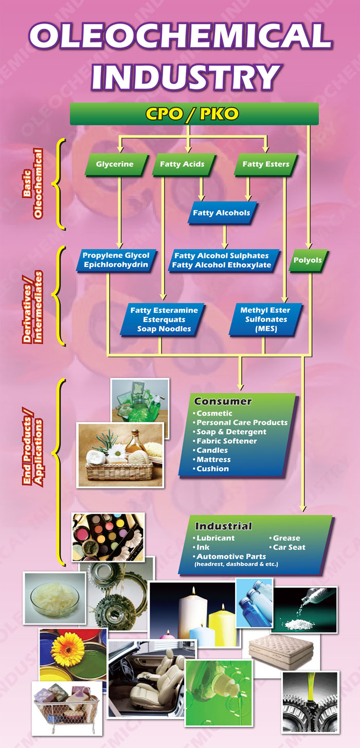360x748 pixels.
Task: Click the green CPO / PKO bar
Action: [x=194, y=114]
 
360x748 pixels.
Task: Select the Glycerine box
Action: [x=115, y=164]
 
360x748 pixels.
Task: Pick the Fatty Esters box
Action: [x=265, y=164]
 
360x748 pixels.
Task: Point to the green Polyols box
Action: [x=308, y=260]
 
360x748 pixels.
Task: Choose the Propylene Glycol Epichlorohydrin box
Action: [x=116, y=260]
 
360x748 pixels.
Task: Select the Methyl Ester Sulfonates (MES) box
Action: [x=265, y=319]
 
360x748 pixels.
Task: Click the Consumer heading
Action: [x=223, y=401]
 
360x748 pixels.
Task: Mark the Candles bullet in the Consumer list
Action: [x=213, y=450]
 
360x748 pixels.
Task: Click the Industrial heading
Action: [x=223, y=526]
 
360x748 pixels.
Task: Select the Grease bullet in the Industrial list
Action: [x=286, y=538]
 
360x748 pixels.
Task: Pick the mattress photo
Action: [x=281, y=651]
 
